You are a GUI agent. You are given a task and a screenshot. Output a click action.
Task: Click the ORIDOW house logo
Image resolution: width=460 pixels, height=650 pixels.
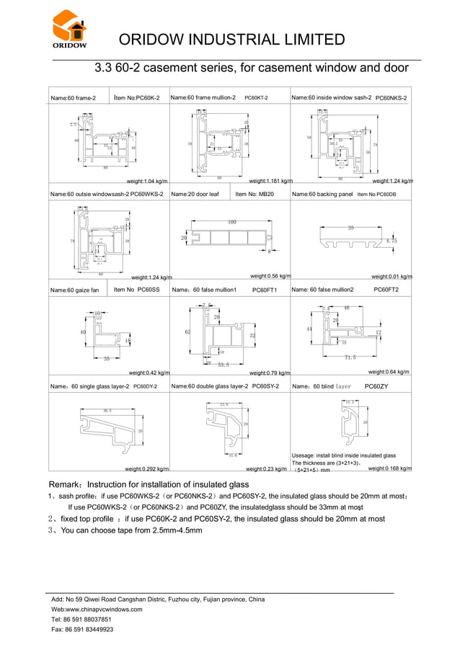pos(69,29)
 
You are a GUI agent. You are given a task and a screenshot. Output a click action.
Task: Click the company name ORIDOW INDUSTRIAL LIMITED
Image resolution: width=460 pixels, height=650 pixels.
pos(231,39)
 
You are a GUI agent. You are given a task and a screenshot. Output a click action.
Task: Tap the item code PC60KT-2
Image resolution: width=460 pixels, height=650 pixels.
pos(256,97)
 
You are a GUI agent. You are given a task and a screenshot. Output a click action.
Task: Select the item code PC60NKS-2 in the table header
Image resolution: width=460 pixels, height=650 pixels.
pos(391,97)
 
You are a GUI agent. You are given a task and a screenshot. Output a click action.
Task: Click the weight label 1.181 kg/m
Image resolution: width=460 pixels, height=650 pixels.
pos(270,181)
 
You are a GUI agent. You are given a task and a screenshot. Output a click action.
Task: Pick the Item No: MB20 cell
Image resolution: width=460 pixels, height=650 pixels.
pos(256,194)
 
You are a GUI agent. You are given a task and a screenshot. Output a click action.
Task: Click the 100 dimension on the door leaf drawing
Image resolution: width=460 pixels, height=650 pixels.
pos(232,222)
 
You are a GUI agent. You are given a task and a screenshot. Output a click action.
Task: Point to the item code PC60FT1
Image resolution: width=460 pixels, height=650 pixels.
pos(265,290)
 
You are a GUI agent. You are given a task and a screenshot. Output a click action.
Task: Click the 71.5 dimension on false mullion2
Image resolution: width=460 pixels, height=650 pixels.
pos(350,357)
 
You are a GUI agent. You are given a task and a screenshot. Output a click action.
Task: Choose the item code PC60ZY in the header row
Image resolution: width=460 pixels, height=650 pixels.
pos(376,386)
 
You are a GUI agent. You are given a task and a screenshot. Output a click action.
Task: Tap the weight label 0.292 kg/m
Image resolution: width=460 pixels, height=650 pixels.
pos(146,468)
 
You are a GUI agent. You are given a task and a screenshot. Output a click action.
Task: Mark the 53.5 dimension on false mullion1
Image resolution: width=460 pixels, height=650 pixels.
pos(223,365)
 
